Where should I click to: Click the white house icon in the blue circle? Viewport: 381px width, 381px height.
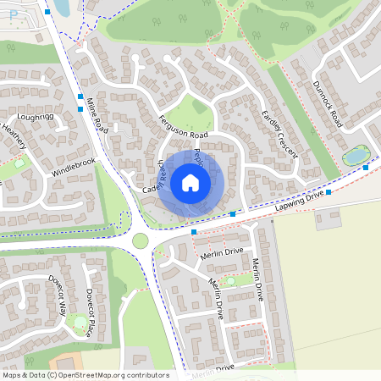click(190, 182)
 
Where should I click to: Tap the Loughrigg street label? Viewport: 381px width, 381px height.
click(35, 116)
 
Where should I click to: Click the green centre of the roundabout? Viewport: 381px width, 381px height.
click(140, 240)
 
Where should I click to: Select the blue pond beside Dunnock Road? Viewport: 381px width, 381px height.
click(356, 156)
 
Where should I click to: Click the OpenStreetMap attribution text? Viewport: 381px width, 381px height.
click(85, 375)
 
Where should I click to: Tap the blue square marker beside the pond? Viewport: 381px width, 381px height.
click(366, 168)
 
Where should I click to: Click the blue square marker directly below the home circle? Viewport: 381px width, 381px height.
click(194, 231)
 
